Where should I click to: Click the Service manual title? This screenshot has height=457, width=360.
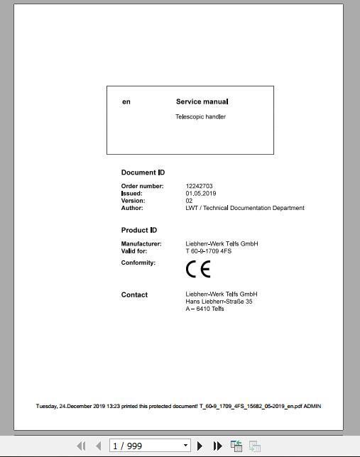point(202,101)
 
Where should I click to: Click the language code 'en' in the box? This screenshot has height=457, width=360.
point(126,101)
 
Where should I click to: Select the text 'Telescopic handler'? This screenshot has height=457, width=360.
point(200,116)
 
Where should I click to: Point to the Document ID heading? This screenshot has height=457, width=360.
point(143,172)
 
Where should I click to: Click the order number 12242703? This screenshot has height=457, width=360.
point(199,187)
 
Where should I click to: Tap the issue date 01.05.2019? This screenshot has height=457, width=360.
point(201,194)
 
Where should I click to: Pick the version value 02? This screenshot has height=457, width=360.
point(189,201)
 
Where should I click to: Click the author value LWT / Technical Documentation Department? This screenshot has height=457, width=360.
point(245,208)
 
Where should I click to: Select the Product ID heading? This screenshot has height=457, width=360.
point(139,230)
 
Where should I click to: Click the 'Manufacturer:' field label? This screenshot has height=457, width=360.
point(141,244)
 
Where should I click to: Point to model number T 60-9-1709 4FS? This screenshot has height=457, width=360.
point(209,251)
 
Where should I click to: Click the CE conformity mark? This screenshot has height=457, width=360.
point(198,269)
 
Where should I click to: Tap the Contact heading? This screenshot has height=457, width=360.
point(134,294)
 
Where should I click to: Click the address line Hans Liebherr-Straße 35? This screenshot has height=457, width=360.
point(219,302)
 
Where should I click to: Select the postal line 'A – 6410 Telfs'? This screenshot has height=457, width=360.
point(204,309)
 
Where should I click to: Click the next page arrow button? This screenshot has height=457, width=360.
point(200,446)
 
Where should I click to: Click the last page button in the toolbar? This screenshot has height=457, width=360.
point(217,446)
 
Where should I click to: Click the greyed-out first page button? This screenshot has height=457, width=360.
point(80,446)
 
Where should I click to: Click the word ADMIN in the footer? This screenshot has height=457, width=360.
point(312,407)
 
